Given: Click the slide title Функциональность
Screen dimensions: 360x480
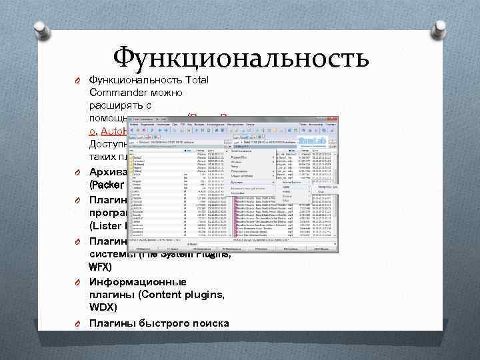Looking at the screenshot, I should click(241, 58).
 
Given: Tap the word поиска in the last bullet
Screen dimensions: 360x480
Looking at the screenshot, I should click(212, 324).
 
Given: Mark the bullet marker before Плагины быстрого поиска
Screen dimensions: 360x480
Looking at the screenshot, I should click(77, 325).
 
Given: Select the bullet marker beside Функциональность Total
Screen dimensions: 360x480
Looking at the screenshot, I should click(77, 81).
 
